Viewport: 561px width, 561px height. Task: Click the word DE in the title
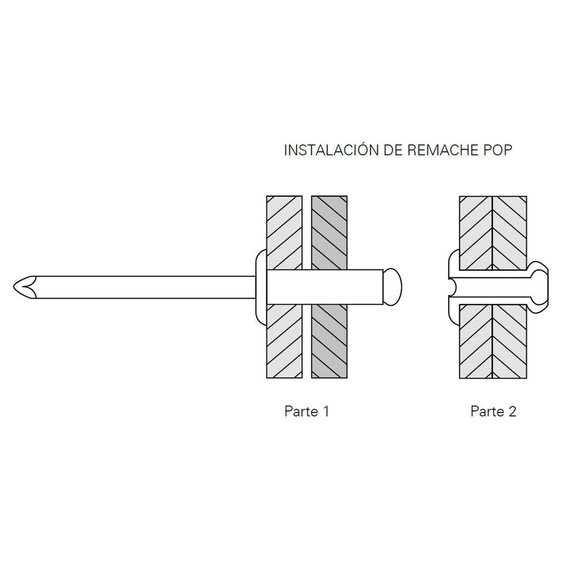pyautogui.click(x=393, y=150)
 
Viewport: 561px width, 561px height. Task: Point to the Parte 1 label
pyautogui.click(x=307, y=411)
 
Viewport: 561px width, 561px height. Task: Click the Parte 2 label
pyautogui.click(x=494, y=411)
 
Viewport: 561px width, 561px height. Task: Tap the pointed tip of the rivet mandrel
pyautogui.click(x=14, y=287)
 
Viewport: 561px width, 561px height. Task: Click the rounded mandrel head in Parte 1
pyautogui.click(x=392, y=287)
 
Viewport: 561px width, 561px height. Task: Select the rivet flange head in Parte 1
pyautogui.click(x=261, y=287)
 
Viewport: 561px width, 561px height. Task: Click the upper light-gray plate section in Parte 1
pyautogui.click(x=284, y=232)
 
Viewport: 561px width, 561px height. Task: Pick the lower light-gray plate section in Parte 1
pyautogui.click(x=284, y=341)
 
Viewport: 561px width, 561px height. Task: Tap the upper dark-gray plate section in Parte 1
pyautogui.click(x=329, y=232)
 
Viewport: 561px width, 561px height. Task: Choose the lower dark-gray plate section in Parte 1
pyautogui.click(x=329, y=341)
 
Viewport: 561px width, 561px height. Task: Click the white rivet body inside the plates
pyautogui.click(x=325, y=287)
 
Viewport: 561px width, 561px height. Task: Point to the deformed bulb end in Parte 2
pyautogui.click(x=538, y=287)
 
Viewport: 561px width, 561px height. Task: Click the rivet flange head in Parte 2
pyautogui.click(x=454, y=287)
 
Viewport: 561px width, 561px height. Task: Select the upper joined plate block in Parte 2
pyautogui.click(x=493, y=233)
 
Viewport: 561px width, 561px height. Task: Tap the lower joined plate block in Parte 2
pyautogui.click(x=493, y=341)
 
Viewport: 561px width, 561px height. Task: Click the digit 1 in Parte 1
pyautogui.click(x=326, y=411)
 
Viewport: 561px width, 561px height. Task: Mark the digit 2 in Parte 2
pyautogui.click(x=512, y=411)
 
